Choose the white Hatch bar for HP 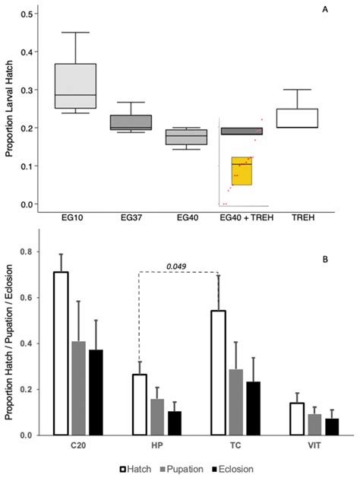140,404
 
